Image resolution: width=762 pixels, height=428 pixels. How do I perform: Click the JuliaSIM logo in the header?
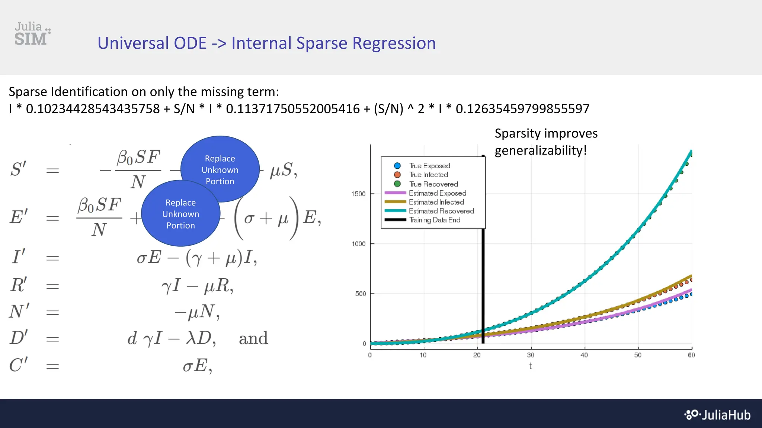click(32, 34)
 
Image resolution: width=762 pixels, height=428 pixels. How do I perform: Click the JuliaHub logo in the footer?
click(718, 415)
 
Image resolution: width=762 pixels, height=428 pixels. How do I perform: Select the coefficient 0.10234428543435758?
click(93, 109)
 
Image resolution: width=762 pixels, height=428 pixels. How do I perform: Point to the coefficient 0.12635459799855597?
click(522, 109)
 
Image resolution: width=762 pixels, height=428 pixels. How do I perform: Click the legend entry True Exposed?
click(429, 166)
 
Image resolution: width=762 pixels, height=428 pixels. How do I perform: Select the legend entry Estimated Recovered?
click(441, 211)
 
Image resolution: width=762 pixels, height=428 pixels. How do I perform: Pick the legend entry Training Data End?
click(435, 220)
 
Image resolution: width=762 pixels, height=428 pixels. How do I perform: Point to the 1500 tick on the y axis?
click(358, 194)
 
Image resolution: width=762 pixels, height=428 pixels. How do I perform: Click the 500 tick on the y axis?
click(361, 294)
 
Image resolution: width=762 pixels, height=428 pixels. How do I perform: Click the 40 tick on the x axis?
click(584, 355)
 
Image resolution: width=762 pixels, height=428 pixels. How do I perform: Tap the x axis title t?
click(530, 366)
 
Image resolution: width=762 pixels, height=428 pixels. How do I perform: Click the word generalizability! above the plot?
click(540, 150)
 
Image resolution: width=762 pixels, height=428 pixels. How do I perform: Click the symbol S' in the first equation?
click(18, 169)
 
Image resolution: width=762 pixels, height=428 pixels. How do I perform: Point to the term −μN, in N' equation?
click(197, 312)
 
